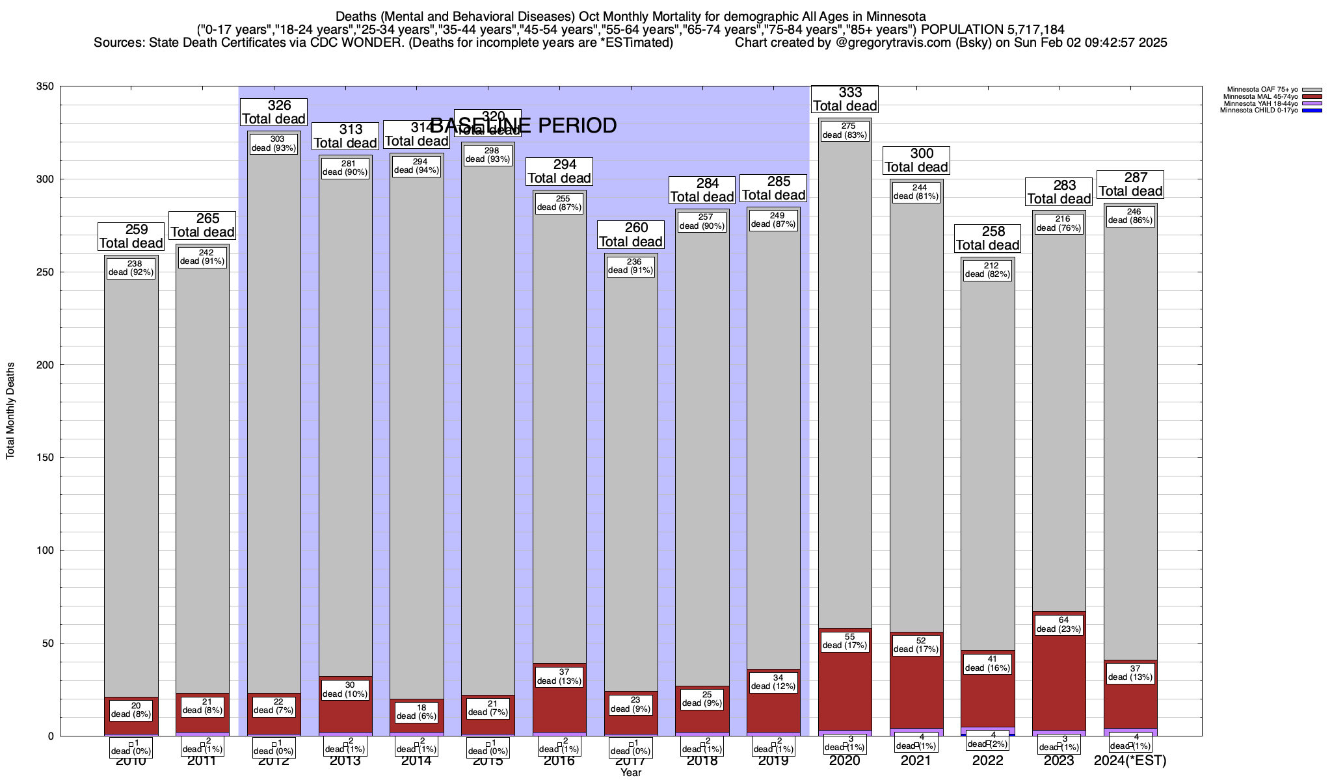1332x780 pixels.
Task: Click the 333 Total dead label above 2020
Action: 845,99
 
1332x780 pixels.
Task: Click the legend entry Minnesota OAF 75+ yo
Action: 1262,90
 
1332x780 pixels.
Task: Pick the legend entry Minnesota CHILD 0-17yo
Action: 1262,110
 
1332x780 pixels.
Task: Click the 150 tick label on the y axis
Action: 46,458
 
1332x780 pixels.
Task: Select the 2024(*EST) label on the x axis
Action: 1130,760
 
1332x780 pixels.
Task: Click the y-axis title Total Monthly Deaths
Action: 10,411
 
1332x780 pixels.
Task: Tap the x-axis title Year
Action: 630,773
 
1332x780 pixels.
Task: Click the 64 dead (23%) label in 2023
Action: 1059,625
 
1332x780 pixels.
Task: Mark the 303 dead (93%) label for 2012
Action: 274,144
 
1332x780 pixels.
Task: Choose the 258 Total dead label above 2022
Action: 987,239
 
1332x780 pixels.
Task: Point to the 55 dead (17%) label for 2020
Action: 845,642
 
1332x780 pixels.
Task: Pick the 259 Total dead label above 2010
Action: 131,237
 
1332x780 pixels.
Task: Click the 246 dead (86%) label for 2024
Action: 1130,216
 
